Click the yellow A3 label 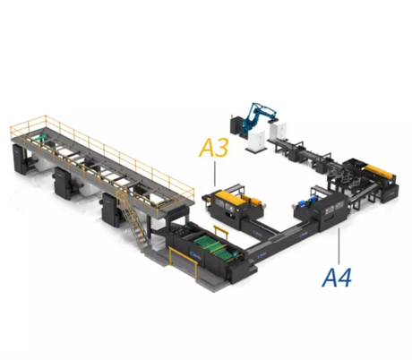pyautogui.click(x=213, y=148)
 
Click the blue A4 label pyautogui.click(x=337, y=278)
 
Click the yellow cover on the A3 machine pyautogui.click(x=230, y=197)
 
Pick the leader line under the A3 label pyautogui.click(x=215, y=174)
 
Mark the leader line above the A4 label pyautogui.click(x=339, y=246)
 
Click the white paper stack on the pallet pyautogui.click(x=257, y=141)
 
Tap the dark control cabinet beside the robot pyautogui.click(x=236, y=126)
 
